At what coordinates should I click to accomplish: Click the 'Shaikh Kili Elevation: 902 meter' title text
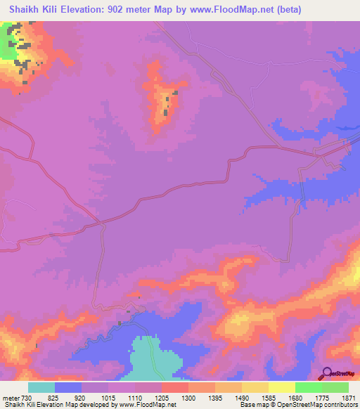tap(88, 9)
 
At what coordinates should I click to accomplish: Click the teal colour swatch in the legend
tap(41, 387)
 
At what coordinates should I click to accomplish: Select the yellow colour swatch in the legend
tap(282, 387)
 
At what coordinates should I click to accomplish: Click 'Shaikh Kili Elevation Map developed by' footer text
tap(60, 405)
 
